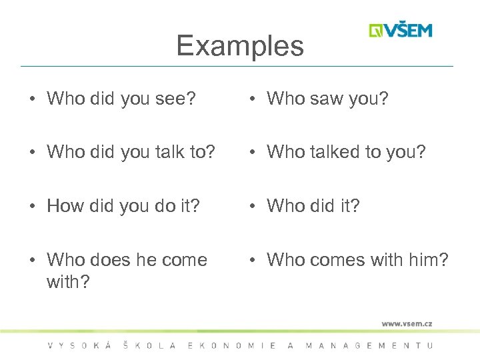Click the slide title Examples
240,46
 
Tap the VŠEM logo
401,31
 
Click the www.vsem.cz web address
407,323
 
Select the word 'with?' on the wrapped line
66,281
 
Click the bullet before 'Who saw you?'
254,100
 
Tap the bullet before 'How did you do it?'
33,207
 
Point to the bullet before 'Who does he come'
33,261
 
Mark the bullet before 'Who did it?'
254,207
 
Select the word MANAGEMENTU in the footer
369,345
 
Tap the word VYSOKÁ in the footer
75,345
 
